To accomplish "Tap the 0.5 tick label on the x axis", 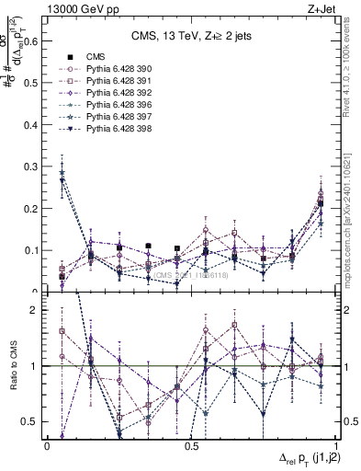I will [191, 446].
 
